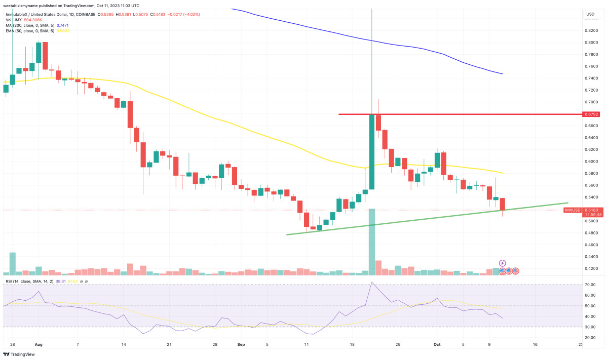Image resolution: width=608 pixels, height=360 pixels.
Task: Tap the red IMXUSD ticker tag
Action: click(573, 210)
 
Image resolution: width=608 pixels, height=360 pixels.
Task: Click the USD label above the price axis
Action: click(590, 14)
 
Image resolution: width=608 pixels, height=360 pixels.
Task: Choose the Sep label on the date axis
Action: click(241, 344)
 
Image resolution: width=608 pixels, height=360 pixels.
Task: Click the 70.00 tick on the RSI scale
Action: click(590, 285)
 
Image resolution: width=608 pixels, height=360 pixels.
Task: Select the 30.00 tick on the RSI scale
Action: click(590, 327)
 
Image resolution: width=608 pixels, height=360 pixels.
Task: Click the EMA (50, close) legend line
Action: click(35, 31)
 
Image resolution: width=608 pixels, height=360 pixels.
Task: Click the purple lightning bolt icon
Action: click(502, 263)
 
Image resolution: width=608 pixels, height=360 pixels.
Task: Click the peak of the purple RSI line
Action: click(372, 283)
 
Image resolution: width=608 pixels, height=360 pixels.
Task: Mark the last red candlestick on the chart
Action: click(503, 205)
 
